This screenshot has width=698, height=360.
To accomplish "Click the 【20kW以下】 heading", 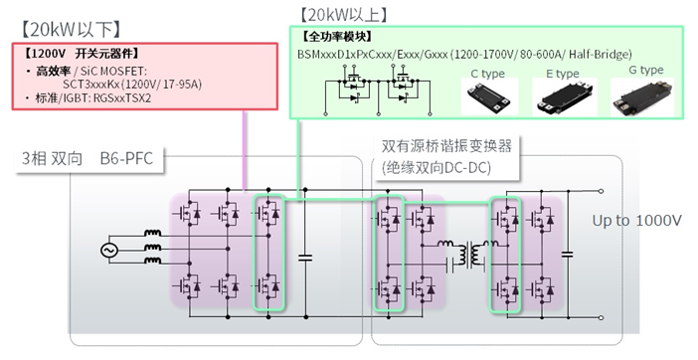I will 64,26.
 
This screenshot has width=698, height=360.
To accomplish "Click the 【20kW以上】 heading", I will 344,14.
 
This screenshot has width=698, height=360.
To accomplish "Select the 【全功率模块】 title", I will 339,38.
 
